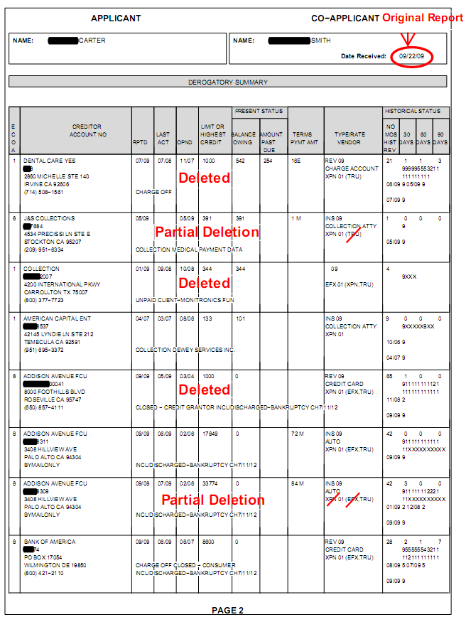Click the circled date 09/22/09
coord(411,55)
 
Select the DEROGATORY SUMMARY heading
coord(228,82)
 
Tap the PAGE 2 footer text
coord(227,610)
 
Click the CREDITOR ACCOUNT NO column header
coord(88,130)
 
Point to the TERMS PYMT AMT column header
coord(302,138)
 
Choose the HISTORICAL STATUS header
coord(416,111)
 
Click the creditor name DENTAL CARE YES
coord(49,161)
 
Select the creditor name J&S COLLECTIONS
coord(48,218)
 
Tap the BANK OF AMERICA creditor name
coord(49,542)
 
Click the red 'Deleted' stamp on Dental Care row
coord(205,178)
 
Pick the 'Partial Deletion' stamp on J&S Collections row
coord(207,232)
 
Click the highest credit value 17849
coord(210,433)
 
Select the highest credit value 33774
coord(210,483)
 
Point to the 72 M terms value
coord(296,433)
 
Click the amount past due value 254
coord(266,161)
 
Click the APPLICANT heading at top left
coord(116,18)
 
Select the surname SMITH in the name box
coord(321,41)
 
